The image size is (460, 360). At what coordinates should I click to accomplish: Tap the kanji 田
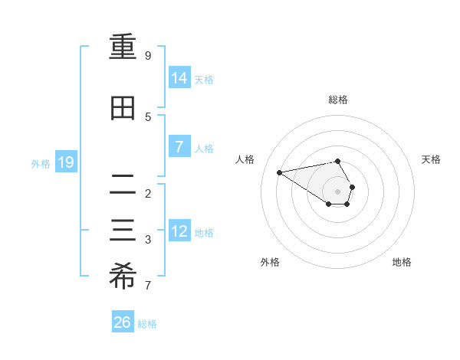pyautogui.click(x=123, y=108)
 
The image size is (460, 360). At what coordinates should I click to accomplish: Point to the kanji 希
pyautogui.click(x=123, y=277)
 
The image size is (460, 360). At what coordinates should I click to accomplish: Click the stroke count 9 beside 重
pyautogui.click(x=148, y=56)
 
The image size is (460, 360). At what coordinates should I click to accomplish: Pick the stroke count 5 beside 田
pyautogui.click(x=148, y=116)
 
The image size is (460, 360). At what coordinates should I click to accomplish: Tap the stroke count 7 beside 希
pyautogui.click(x=148, y=286)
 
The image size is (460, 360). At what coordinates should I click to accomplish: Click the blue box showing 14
pyautogui.click(x=179, y=78)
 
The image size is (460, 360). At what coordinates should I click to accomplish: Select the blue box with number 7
pyautogui.click(x=179, y=147)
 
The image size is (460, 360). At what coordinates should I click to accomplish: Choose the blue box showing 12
pyautogui.click(x=179, y=231)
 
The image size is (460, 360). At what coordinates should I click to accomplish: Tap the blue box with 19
pyautogui.click(x=65, y=162)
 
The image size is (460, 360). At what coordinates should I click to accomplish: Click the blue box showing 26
pyautogui.click(x=122, y=322)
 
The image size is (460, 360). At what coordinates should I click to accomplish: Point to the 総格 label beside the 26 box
pyautogui.click(x=147, y=324)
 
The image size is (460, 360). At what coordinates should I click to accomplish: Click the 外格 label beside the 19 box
pyautogui.click(x=41, y=164)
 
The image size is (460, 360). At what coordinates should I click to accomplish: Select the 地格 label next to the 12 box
pyautogui.click(x=204, y=233)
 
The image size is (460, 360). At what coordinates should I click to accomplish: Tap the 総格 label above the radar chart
pyautogui.click(x=337, y=100)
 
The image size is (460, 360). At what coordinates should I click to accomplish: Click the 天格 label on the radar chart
pyautogui.click(x=431, y=159)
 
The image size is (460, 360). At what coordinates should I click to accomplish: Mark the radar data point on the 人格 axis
pyautogui.click(x=280, y=172)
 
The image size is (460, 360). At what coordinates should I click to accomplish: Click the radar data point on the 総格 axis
pyautogui.click(x=337, y=161)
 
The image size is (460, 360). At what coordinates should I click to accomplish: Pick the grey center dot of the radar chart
pyautogui.click(x=337, y=191)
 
